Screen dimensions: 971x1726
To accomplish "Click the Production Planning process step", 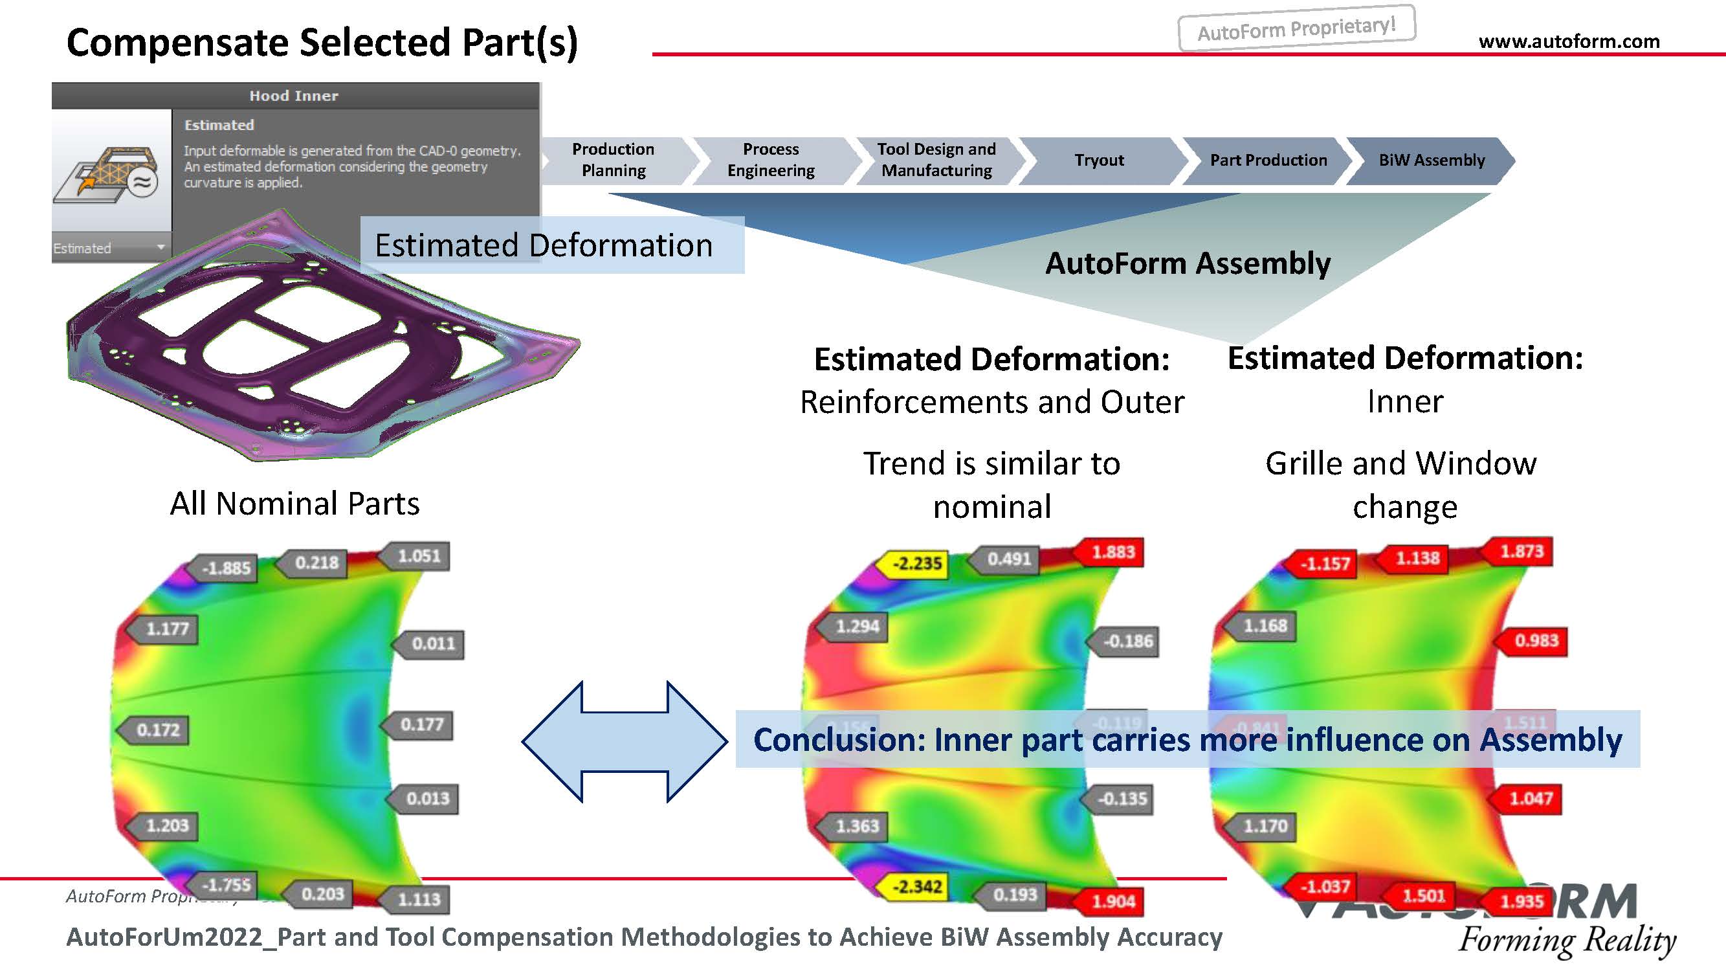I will coord(613,159).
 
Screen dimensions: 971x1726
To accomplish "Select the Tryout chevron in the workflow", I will coord(1099,160).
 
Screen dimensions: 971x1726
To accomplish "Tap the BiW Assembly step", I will coord(1431,160).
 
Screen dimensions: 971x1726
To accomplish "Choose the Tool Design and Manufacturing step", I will coord(936,159).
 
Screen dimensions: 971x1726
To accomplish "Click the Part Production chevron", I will coord(1268,160).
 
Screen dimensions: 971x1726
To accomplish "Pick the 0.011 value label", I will coord(433,644).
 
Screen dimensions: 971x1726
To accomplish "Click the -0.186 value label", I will coord(1128,642).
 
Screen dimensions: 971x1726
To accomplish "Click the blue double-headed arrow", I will coord(625,741).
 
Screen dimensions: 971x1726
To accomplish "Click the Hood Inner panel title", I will coord(294,96).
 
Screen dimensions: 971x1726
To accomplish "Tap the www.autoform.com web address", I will coord(1569,41).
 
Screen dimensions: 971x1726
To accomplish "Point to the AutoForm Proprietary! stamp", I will coord(1296,28).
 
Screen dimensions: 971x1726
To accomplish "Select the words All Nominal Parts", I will coord(295,503).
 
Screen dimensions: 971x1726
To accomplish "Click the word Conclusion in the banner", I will coord(837,740).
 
